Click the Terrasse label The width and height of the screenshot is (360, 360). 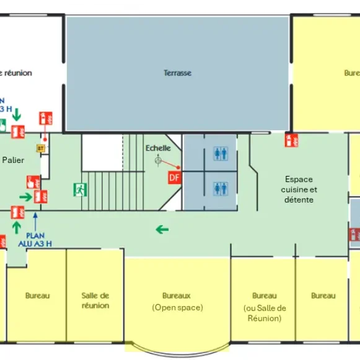coord(177,73)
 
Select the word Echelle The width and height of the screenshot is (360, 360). coord(158,148)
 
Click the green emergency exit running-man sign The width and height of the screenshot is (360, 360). coord(79,188)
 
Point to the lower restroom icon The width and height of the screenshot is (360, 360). coord(220,187)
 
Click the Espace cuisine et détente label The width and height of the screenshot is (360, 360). coord(299,190)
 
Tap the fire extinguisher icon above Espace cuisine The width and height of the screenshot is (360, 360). coord(291,141)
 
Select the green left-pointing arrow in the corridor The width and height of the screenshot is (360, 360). coord(162,230)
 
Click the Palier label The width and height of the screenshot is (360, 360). coord(13,160)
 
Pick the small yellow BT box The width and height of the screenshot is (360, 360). coord(42,148)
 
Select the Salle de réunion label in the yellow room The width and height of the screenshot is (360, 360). coord(95,301)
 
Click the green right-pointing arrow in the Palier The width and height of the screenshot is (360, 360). coord(25,197)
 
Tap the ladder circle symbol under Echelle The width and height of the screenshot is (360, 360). coord(158,161)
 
